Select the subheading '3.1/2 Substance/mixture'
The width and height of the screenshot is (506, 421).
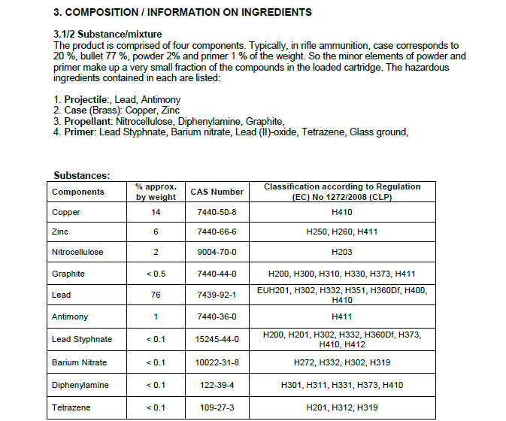[108, 35]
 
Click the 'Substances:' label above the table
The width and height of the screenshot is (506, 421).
[82, 175]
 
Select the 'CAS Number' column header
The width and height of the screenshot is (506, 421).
[217, 192]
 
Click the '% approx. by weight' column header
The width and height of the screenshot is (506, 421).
[156, 192]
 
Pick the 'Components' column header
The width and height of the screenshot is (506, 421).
[78, 192]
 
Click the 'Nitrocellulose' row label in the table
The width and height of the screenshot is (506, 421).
[77, 252]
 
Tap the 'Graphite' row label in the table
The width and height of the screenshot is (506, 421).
[68, 274]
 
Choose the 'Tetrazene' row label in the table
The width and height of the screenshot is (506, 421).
[70, 407]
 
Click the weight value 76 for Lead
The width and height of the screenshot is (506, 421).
[156, 295]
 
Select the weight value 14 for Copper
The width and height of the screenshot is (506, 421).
[156, 213]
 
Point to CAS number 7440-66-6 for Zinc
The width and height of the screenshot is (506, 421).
[217, 232]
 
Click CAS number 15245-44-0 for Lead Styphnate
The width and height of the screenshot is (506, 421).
[217, 339]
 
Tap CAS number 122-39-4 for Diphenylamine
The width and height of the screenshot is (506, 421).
[217, 385]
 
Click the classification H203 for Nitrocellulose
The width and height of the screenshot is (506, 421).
[341, 252]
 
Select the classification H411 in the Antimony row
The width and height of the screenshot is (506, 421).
[341, 317]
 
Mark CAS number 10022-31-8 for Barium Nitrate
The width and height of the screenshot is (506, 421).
[217, 362]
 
